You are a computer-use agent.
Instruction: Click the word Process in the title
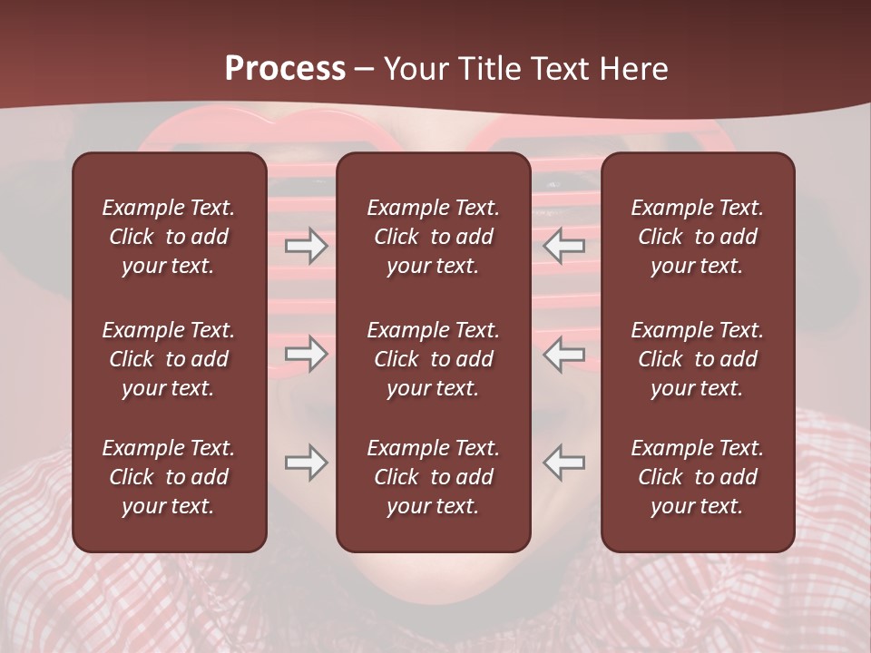point(285,69)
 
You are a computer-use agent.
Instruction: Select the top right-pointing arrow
point(306,246)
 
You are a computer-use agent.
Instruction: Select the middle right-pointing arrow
point(306,354)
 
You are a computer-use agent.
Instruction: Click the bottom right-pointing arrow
point(306,463)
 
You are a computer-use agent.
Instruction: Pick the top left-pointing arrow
point(564,246)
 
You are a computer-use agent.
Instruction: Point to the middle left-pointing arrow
point(564,354)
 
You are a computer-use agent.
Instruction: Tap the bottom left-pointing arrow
point(564,463)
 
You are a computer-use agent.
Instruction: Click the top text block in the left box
point(169,237)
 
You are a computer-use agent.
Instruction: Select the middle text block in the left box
point(169,359)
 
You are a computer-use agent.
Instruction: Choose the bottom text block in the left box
point(169,477)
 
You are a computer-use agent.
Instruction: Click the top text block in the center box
point(433,237)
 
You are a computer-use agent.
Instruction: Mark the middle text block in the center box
point(433,359)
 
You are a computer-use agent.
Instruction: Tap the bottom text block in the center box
point(433,477)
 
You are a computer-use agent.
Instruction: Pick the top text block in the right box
point(697,237)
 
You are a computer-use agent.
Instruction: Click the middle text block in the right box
point(697,359)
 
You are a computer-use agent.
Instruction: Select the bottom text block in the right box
point(697,477)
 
